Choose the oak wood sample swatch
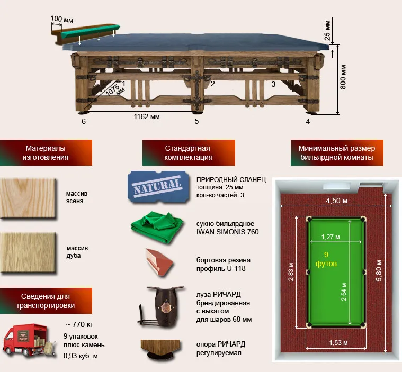coord(29,252)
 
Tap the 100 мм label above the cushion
coord(62,20)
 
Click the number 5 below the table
coord(196,122)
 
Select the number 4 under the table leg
coord(308,122)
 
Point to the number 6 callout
coord(84,122)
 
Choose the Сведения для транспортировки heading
coord(47,301)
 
